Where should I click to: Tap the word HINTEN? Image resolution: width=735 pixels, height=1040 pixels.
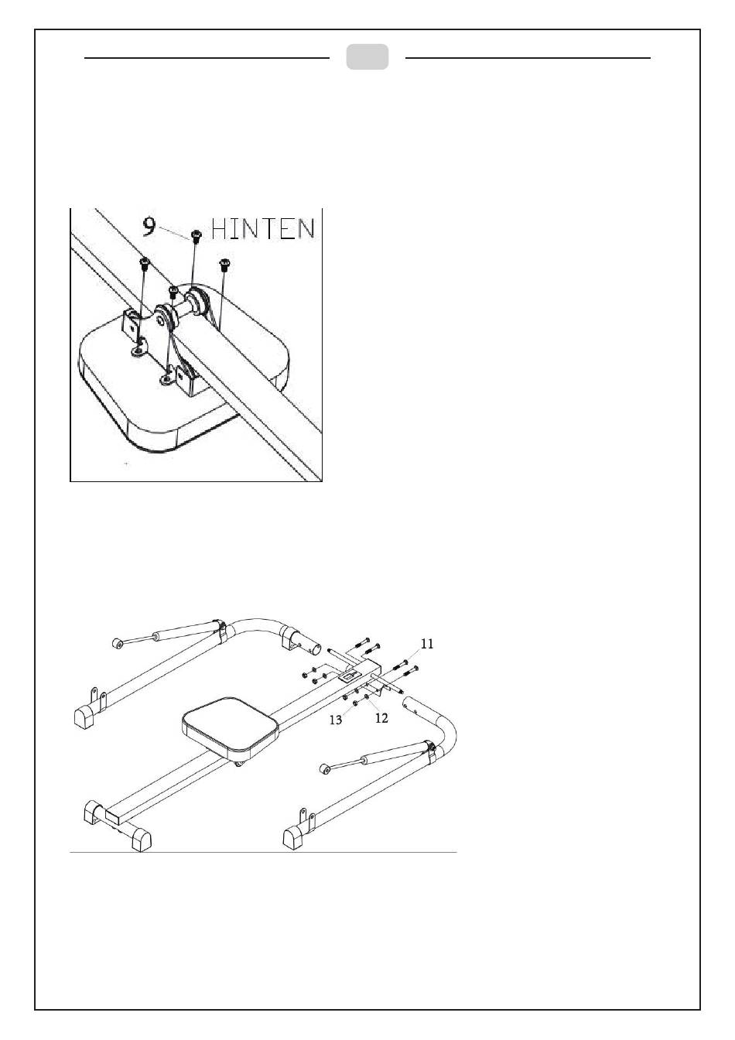(263, 229)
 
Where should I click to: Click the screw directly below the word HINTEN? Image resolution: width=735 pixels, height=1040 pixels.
(225, 265)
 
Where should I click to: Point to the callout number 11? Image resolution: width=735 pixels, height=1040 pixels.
(427, 643)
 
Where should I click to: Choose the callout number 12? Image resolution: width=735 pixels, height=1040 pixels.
(381, 717)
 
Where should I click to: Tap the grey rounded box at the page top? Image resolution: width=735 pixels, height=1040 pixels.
(367, 57)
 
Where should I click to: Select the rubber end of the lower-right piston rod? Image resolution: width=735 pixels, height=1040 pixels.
(326, 768)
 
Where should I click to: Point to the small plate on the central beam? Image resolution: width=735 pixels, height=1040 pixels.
(344, 676)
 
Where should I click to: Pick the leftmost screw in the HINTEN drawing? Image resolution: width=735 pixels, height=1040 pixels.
(145, 265)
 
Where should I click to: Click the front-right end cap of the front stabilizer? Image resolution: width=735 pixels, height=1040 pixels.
(141, 841)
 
